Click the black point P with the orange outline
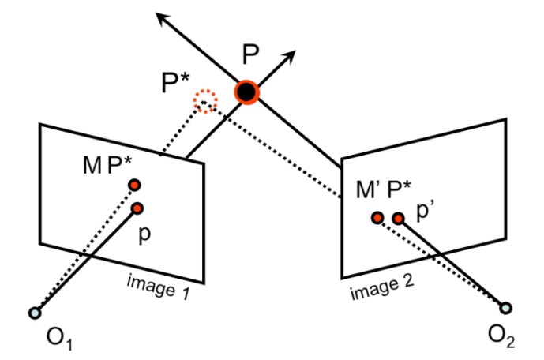[247, 92]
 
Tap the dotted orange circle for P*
[205, 101]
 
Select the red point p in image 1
[137, 208]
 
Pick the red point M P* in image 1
[134, 185]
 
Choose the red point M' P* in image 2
[377, 217]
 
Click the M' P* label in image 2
[382, 191]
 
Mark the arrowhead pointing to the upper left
[161, 17]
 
